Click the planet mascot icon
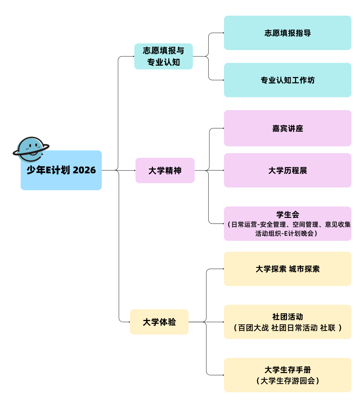[31, 149]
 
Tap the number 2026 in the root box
[84, 170]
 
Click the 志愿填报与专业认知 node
[163, 56]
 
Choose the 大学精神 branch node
[165, 170]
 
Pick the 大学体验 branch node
[159, 322]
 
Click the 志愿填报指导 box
[287, 33]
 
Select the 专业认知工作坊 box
[287, 80]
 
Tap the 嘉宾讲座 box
[287, 128]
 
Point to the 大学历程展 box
[287, 170]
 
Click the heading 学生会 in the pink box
[287, 215]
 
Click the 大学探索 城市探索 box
[287, 269]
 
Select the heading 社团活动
[287, 317]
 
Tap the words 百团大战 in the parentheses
[253, 328]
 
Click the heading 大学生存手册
[287, 370]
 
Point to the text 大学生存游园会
[287, 381]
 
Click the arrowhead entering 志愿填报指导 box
[223, 33]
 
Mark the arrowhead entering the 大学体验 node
[129, 322]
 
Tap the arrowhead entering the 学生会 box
[223, 224]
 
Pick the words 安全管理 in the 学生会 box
[273, 225]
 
